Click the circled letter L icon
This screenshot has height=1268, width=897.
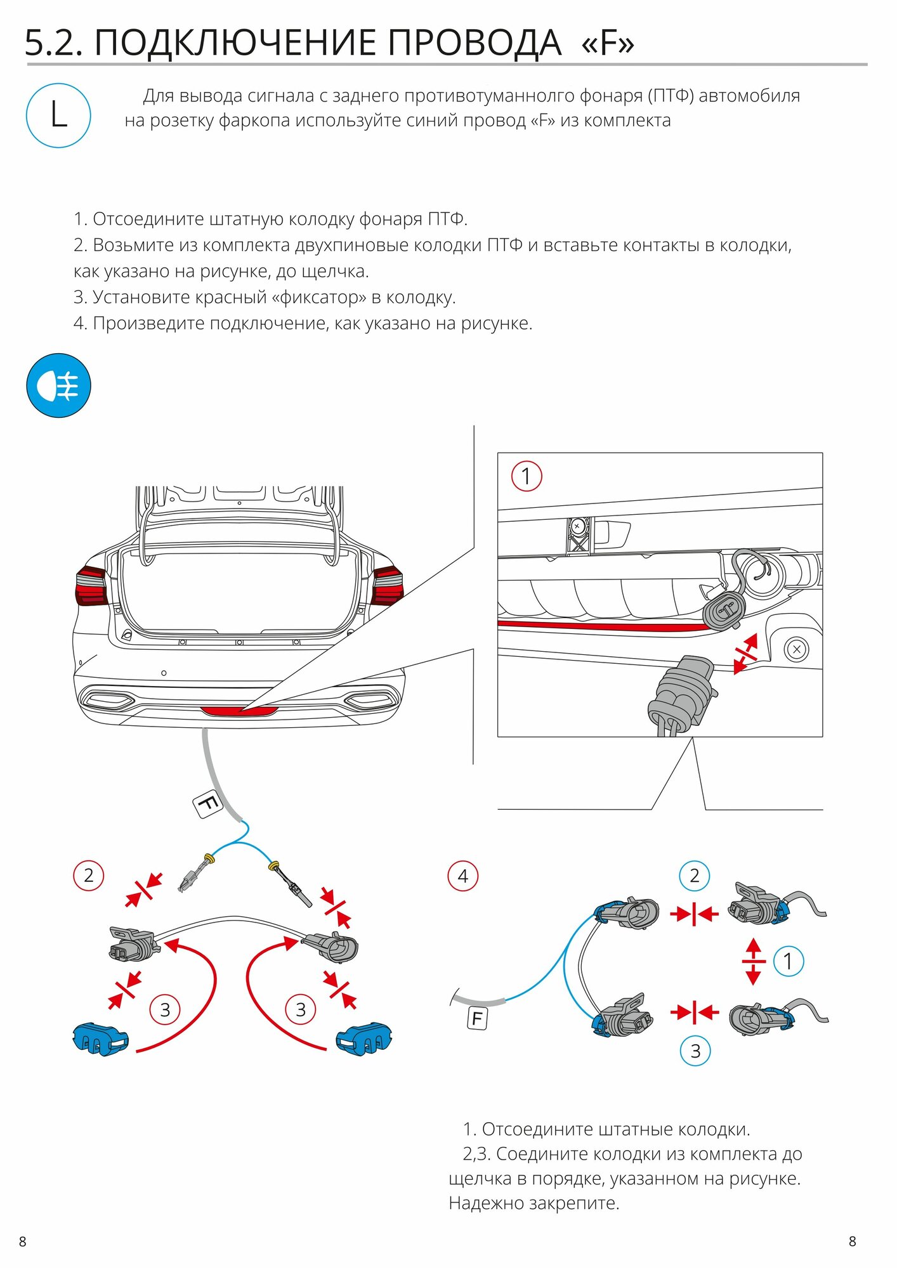coord(58,116)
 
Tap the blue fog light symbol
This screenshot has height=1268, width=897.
coord(58,385)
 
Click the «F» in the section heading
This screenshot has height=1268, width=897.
coord(608,43)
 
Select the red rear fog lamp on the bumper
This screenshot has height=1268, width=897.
coord(239,711)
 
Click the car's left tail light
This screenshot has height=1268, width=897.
coord(91,586)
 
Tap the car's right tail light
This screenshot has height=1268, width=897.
coord(387,586)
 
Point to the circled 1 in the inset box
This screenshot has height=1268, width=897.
coord(527,476)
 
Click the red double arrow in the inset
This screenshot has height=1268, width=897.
coord(745,654)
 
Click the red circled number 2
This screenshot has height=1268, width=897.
coord(88,876)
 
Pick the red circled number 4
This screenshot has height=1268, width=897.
coord(463,876)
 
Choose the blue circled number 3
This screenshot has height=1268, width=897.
coord(695,1051)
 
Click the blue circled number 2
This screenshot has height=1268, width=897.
coord(695,876)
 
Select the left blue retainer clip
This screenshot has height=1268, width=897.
coord(100,1038)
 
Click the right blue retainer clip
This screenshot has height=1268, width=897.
coord(363,1038)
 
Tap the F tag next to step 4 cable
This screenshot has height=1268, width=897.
coord(477,1019)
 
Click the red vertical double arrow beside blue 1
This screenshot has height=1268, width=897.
coord(753,961)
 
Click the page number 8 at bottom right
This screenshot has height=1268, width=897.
coord(853,1241)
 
